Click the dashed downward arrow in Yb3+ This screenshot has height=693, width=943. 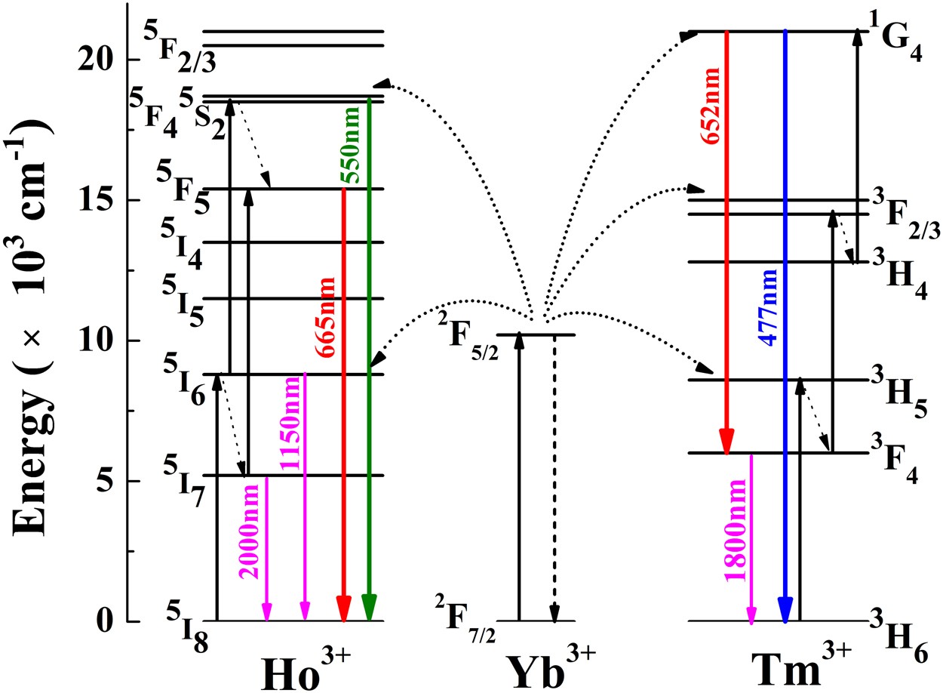[554, 476]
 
